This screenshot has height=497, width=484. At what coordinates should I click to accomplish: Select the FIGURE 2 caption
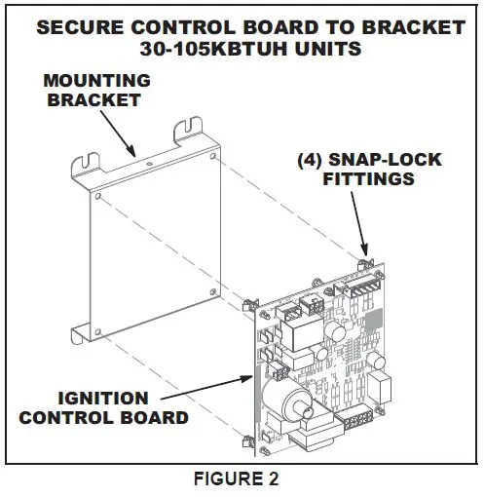[x=241, y=479]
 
